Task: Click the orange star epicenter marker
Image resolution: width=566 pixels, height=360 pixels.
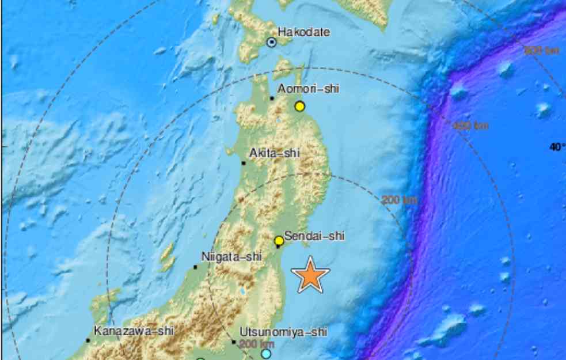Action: (x=310, y=275)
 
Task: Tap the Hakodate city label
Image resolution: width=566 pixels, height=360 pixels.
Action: (x=303, y=32)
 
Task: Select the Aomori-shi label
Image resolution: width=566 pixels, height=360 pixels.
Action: (x=309, y=89)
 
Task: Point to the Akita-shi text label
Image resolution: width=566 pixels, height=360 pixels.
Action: (x=275, y=154)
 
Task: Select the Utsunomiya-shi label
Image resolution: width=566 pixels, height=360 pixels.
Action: (x=283, y=332)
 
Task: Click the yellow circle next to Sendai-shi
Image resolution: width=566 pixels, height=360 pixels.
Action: (x=279, y=241)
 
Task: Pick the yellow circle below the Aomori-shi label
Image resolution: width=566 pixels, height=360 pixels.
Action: (x=299, y=106)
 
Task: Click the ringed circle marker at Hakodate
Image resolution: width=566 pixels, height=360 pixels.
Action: (x=271, y=41)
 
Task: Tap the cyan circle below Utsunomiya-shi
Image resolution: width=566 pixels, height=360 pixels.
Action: (x=265, y=353)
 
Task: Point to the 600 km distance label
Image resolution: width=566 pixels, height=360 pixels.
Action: (x=541, y=51)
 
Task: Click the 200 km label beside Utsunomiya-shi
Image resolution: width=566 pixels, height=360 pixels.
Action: (x=255, y=344)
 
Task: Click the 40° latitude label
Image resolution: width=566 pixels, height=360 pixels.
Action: (x=557, y=147)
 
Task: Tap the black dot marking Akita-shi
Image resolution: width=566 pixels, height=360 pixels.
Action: (x=244, y=163)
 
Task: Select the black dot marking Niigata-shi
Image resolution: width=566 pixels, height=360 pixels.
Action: (x=196, y=267)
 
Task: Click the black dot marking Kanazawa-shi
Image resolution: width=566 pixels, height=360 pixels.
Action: (x=88, y=340)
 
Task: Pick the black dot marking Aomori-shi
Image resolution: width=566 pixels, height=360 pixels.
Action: (x=272, y=98)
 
